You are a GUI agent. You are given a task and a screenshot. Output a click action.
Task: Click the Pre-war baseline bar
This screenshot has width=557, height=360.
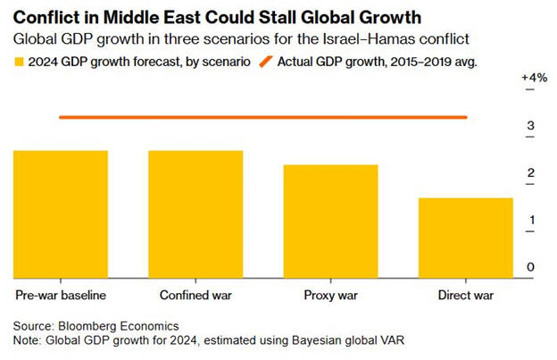click(60, 213)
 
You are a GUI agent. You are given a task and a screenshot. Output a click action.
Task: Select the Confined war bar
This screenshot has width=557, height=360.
click(195, 213)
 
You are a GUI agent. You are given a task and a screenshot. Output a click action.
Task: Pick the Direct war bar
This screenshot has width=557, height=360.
click(466, 237)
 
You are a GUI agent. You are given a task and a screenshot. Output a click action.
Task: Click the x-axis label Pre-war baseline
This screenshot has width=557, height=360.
click(61, 294)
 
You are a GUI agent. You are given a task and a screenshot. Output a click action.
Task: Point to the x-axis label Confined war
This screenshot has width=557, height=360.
click(195, 294)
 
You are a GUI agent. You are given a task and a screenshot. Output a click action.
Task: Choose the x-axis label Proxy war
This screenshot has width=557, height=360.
click(331, 294)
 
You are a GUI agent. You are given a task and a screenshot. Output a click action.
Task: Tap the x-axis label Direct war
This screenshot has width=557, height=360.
click(466, 294)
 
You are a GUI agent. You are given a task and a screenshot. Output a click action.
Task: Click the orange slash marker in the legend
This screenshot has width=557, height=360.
click(265, 63)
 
